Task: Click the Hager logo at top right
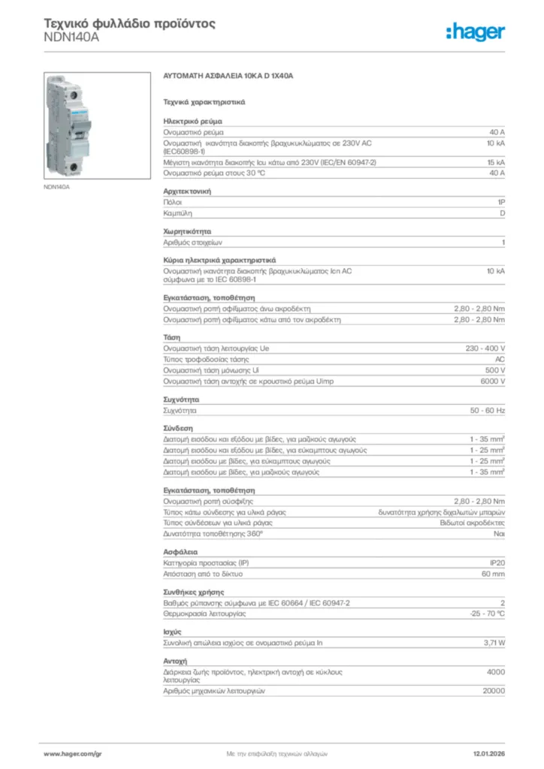click(475, 32)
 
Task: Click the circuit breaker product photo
click(74, 125)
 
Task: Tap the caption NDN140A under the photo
click(56, 186)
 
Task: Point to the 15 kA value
click(495, 162)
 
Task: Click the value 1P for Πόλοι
click(500, 203)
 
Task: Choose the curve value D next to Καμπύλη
click(502, 213)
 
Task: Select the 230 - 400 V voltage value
click(485, 348)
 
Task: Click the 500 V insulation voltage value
click(494, 370)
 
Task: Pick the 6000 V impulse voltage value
click(492, 381)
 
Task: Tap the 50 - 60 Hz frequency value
click(488, 411)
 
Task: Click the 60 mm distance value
click(493, 573)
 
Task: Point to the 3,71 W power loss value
click(494, 643)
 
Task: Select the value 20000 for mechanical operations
click(493, 690)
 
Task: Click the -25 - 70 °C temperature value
click(486, 614)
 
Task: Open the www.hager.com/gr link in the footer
click(72, 752)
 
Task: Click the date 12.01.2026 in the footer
click(488, 752)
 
